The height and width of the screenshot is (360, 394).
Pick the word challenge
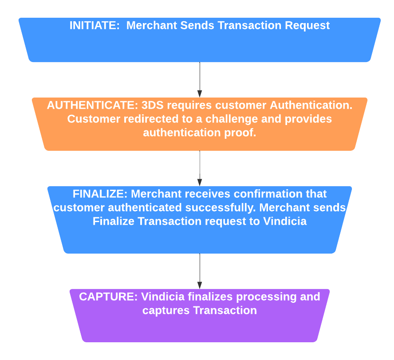click(x=232, y=119)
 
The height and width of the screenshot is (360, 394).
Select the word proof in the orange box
click(x=240, y=133)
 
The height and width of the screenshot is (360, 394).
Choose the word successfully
click(x=221, y=208)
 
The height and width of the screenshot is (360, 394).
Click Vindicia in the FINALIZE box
click(x=285, y=221)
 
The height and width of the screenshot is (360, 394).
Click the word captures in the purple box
click(x=166, y=311)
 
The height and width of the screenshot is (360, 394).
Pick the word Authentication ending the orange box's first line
click(x=311, y=105)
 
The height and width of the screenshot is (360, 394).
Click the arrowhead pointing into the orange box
click(x=200, y=94)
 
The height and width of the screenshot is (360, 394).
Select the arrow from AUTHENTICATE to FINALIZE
click(x=200, y=168)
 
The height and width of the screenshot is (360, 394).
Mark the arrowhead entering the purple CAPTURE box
click(x=200, y=286)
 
